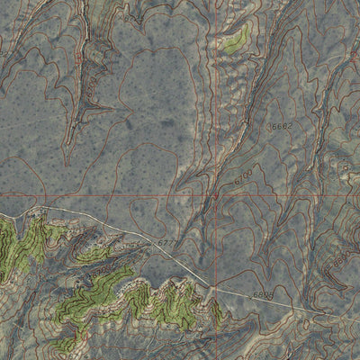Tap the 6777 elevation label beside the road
pyautogui.click(x=167, y=244)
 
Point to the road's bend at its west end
pyautogui.click(x=40, y=210)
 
